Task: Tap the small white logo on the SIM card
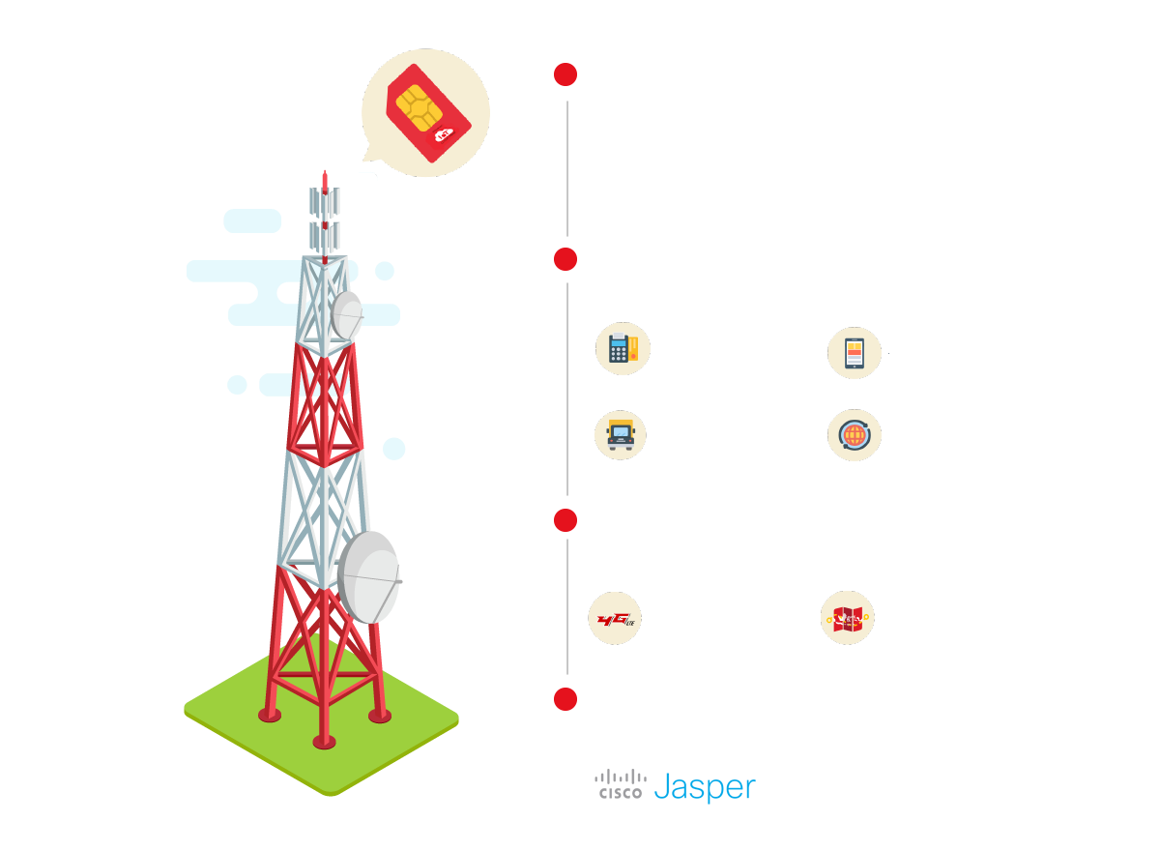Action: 445,135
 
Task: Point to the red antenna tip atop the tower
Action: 325,179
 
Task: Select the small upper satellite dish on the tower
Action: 346,314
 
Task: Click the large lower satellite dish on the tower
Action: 368,576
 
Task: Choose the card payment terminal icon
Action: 622,350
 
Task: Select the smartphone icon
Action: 855,353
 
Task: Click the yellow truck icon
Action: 621,434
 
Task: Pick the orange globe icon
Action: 855,435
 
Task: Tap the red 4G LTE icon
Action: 616,619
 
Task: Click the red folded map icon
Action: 848,619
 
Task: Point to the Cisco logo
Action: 620,784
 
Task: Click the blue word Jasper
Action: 704,786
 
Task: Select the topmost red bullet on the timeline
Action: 565,74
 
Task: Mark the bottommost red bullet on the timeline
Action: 565,698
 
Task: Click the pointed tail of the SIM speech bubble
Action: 367,157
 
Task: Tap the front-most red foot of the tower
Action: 324,742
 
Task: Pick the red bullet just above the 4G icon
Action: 565,520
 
